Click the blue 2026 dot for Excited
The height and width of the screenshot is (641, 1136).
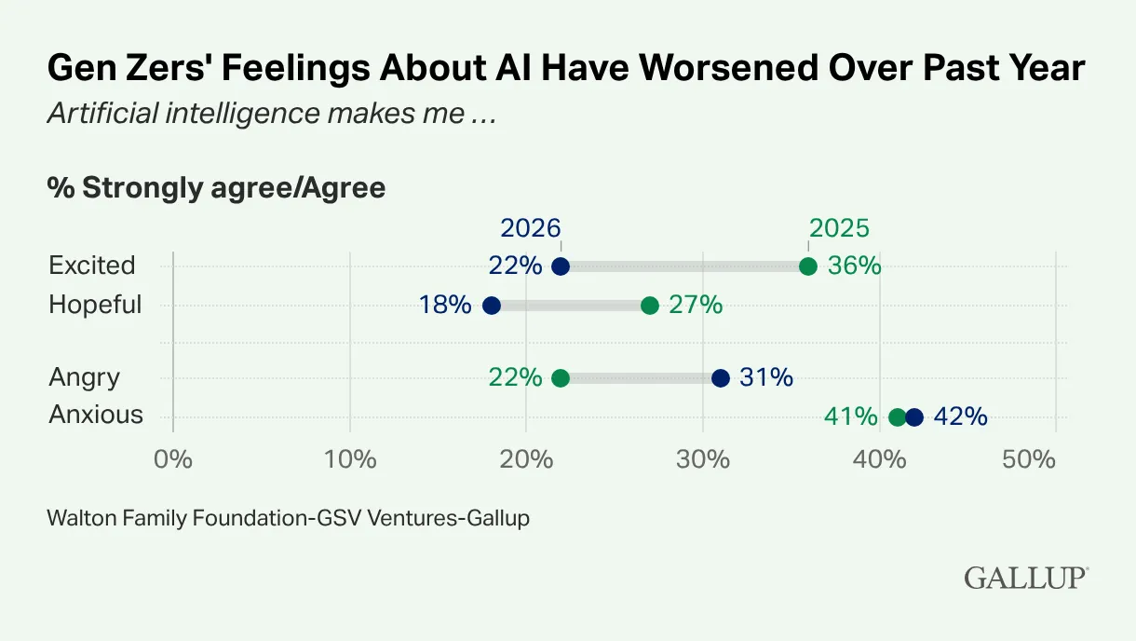click(561, 266)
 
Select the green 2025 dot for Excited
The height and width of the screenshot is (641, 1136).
click(808, 266)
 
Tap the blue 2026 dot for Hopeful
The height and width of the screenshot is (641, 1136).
click(492, 306)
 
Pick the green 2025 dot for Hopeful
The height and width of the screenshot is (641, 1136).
click(650, 306)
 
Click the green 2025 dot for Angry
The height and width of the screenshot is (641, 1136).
click(561, 377)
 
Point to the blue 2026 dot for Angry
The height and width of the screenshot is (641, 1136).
click(720, 377)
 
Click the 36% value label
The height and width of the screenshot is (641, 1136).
click(855, 266)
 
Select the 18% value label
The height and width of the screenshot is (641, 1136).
click(445, 306)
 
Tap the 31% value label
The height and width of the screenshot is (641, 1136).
click(766, 377)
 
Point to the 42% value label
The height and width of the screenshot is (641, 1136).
click(960, 416)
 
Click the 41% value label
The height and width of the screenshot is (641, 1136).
click(850, 416)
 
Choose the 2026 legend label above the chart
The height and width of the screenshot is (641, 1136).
click(531, 228)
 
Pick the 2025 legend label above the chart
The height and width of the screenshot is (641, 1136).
click(839, 228)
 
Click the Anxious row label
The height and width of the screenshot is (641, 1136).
click(96, 415)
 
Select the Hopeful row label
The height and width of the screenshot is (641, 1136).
click(95, 305)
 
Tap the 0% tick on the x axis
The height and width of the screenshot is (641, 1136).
click(173, 459)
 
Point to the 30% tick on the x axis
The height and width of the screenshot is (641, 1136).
click(703, 459)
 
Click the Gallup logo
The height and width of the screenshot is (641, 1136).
click(1025, 578)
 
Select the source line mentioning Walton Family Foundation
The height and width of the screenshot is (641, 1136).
click(288, 519)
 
